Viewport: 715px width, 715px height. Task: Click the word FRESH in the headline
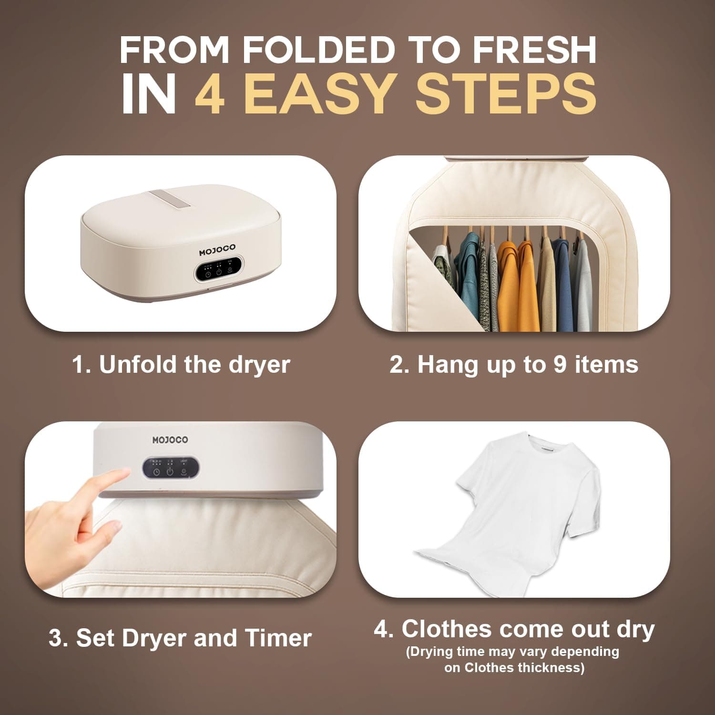[534, 50]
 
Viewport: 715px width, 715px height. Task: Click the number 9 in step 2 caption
[561, 365]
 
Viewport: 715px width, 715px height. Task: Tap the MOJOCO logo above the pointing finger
[170, 439]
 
